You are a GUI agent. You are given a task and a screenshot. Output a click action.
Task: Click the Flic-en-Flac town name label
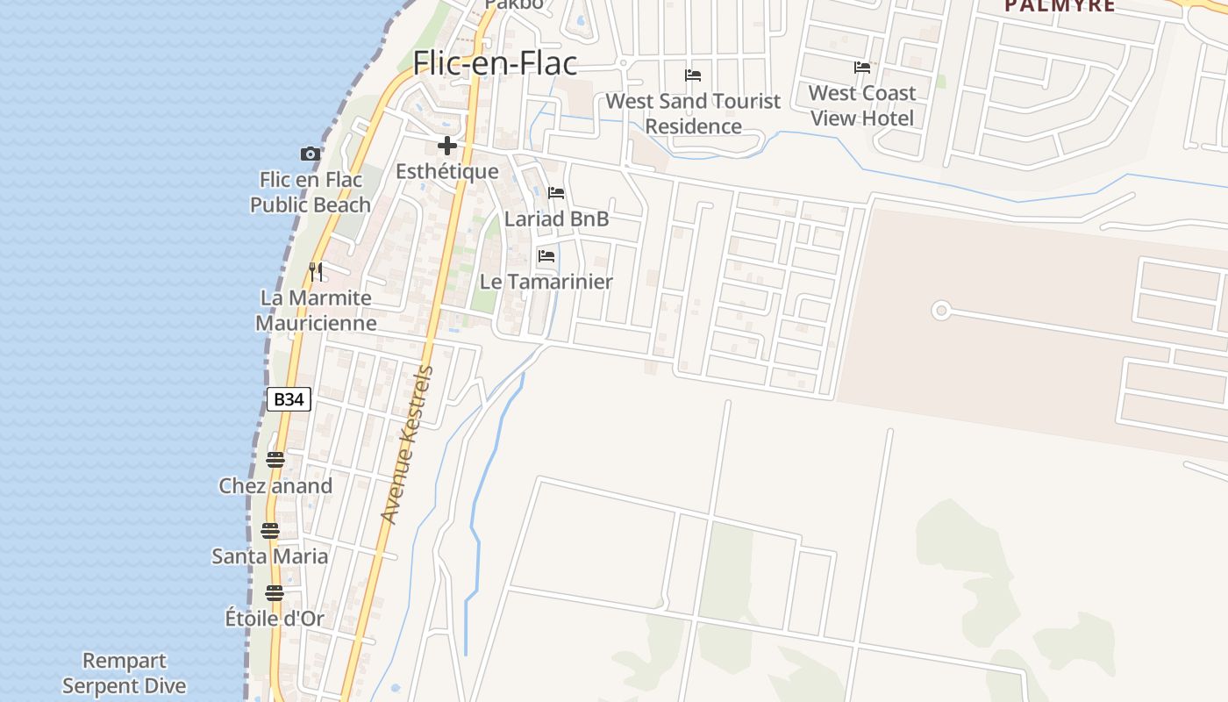(495, 63)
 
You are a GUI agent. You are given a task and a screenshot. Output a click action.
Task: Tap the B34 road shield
(289, 400)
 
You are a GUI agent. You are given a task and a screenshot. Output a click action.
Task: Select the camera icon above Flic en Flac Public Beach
(310, 154)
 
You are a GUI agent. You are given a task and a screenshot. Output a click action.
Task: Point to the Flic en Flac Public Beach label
(311, 192)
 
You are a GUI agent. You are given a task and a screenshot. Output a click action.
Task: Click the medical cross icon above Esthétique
(447, 146)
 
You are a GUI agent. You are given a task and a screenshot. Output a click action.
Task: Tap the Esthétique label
(446, 171)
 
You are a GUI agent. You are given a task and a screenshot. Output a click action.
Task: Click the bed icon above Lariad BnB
(556, 193)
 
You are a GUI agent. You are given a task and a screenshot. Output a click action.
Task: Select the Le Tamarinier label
(546, 282)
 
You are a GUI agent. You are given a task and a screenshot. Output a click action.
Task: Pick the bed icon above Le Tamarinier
(546, 256)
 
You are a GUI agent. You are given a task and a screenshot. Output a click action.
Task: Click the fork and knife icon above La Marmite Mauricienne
(316, 272)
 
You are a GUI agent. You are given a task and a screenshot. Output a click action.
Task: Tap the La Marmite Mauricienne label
(316, 311)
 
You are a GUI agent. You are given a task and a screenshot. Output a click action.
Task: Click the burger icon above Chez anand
(275, 460)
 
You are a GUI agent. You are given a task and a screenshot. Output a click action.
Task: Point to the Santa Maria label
(270, 556)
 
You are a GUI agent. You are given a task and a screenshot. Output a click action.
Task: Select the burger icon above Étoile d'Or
(275, 593)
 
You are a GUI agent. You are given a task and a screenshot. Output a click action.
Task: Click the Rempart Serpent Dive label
(125, 673)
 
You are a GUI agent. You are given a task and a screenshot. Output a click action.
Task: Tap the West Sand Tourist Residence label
(693, 113)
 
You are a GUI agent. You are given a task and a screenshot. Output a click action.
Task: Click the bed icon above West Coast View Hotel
(862, 68)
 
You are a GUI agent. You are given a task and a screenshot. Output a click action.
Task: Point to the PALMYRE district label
(1060, 6)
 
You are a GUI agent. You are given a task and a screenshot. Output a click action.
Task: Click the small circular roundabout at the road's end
(941, 310)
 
